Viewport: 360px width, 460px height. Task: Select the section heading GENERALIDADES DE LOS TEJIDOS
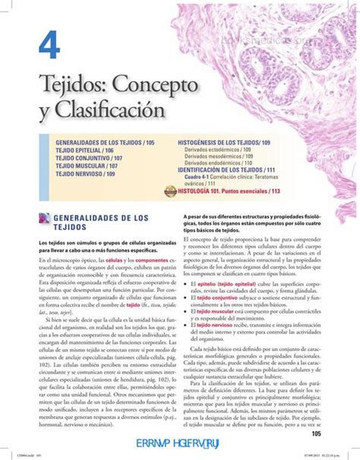click(99, 222)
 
